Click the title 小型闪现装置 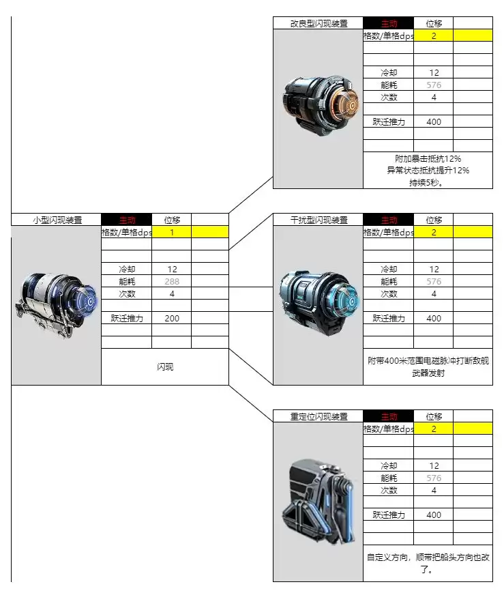pyautogui.click(x=57, y=220)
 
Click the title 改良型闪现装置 pyautogui.click(x=318, y=23)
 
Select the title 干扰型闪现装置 pyautogui.click(x=318, y=220)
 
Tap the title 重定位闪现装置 pyautogui.click(x=318, y=416)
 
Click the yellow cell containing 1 pyautogui.click(x=172, y=232)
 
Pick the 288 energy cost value pyautogui.click(x=172, y=281)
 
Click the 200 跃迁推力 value pyautogui.click(x=172, y=318)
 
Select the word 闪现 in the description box pyautogui.click(x=165, y=366)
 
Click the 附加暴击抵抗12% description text pyautogui.click(x=428, y=158)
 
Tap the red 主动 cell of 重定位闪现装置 pyautogui.click(x=389, y=416)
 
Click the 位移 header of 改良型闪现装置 pyautogui.click(x=434, y=23)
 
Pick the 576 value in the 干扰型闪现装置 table pyautogui.click(x=434, y=281)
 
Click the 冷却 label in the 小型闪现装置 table pyautogui.click(x=126, y=269)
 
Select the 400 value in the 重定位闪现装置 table pyautogui.click(x=434, y=515)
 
